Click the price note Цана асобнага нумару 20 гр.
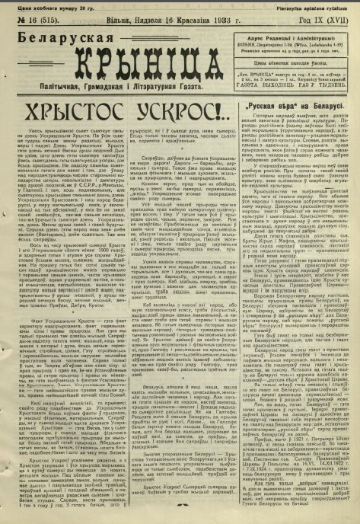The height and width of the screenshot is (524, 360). (46, 6)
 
